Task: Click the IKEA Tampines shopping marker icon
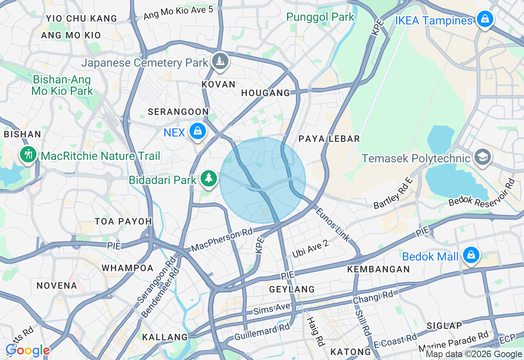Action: point(485,19)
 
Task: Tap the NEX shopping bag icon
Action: point(198,131)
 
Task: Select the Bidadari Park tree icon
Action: point(209,178)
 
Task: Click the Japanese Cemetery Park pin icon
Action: point(220,61)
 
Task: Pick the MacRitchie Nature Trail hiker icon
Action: point(28,155)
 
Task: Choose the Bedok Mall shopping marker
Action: point(471,255)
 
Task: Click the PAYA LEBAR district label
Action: point(329,139)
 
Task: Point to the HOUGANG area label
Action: point(265,93)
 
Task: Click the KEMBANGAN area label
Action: point(378,269)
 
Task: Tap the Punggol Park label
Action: point(320,17)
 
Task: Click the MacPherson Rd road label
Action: point(222,241)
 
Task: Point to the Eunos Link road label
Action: point(333,224)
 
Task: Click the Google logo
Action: point(27,350)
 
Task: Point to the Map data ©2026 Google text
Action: point(474,354)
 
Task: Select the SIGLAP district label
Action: point(444,326)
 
